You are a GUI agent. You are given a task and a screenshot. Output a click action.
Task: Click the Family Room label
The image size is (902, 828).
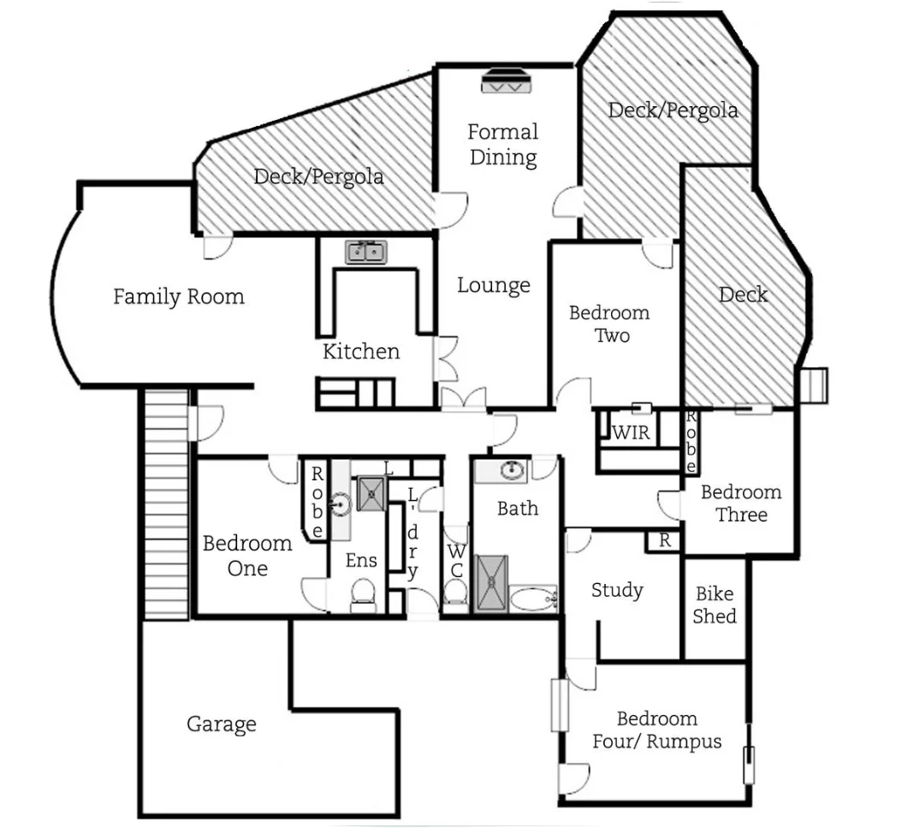[179, 297]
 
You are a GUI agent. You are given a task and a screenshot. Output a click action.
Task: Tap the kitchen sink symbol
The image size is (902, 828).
[367, 252]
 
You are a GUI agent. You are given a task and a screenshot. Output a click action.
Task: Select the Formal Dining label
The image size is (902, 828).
[503, 145]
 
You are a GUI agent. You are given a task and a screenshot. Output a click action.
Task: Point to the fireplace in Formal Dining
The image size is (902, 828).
[505, 81]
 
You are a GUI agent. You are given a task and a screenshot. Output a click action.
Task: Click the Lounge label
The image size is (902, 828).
[494, 285]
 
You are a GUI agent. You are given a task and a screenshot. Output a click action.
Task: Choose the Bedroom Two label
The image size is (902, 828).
[609, 324]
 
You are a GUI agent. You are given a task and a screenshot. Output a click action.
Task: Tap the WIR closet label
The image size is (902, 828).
[631, 432]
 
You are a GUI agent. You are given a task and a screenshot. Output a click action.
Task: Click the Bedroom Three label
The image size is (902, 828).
[741, 503]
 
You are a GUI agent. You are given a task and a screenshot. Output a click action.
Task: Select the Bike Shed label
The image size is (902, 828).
[715, 605]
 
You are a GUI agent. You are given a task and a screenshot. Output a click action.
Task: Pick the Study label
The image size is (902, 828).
[617, 590]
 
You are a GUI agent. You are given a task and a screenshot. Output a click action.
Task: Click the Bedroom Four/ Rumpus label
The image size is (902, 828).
[657, 730]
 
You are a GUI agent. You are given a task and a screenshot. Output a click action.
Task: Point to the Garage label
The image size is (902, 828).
[222, 724]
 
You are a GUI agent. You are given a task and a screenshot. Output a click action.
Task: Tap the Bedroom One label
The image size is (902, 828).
[247, 556]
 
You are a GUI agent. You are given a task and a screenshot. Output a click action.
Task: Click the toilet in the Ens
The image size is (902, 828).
[364, 593]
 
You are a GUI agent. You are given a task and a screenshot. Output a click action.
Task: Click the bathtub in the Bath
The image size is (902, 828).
[534, 599]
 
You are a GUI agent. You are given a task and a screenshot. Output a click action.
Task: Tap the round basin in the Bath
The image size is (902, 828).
[512, 470]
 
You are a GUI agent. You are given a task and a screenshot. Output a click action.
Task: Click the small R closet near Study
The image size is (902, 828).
[664, 541]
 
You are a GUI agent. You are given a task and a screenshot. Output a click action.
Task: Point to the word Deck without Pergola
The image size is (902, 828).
[743, 295]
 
